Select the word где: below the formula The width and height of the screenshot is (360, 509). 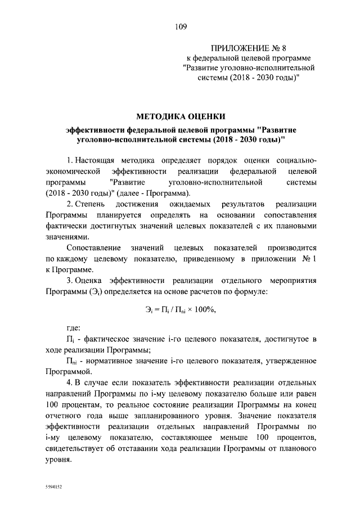[74, 327]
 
